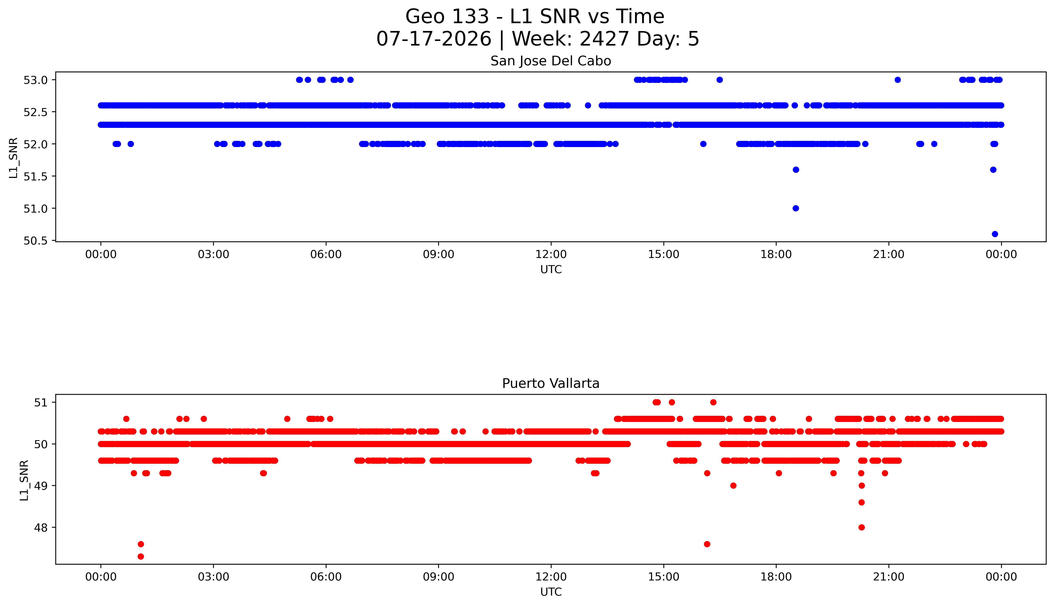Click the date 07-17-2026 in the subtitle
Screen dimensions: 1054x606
coord(434,39)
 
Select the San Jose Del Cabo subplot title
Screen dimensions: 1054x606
coord(551,61)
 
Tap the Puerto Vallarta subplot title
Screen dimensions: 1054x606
coord(551,383)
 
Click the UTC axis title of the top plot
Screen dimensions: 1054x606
coord(551,270)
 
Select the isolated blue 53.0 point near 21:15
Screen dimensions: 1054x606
coord(898,80)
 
